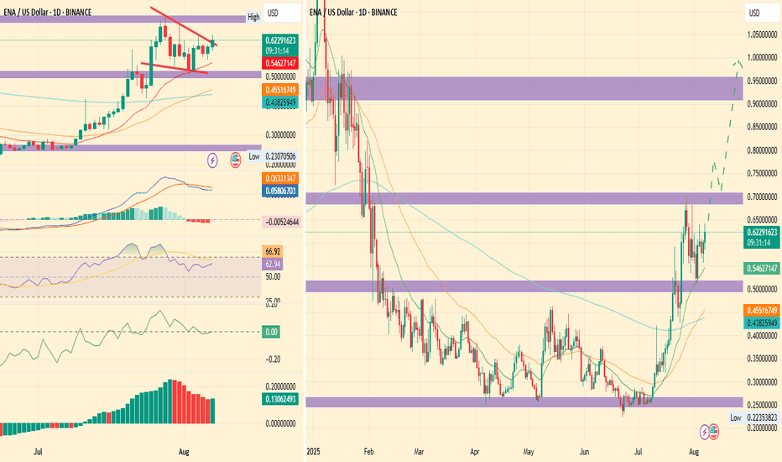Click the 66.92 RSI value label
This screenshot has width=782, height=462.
click(x=272, y=250)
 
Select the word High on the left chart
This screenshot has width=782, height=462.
click(x=253, y=17)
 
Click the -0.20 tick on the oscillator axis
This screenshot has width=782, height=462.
click(x=273, y=359)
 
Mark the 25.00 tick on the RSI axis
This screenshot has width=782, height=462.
click(x=273, y=302)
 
